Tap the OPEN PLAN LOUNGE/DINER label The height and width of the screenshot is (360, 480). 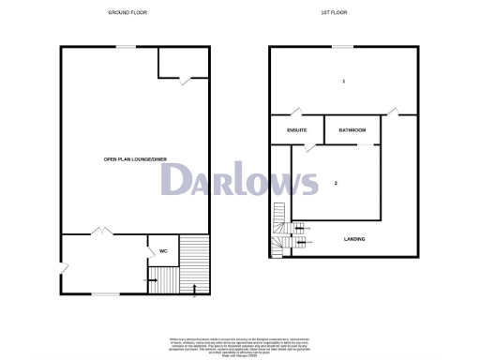tap(134, 159)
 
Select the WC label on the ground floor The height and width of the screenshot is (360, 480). tap(162, 251)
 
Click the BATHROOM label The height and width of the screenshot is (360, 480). tap(352, 129)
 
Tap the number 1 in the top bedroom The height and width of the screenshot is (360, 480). tap(344, 82)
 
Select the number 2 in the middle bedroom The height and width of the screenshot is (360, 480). tap(336, 183)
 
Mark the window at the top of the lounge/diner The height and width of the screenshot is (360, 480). tap(124, 47)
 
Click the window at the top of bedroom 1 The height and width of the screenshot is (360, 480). tap(344, 47)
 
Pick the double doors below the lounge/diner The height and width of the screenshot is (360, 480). tap(100, 232)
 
